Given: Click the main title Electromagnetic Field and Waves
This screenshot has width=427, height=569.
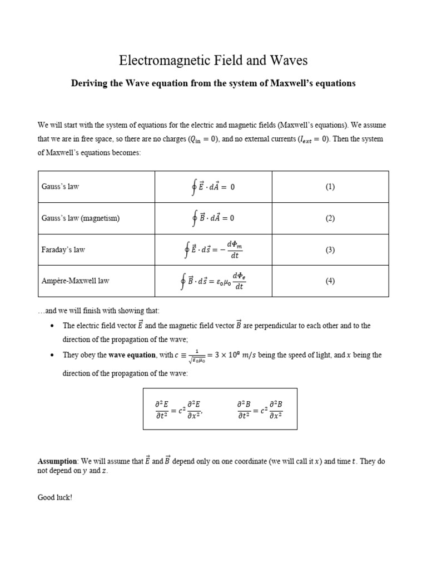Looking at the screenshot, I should pos(213,60).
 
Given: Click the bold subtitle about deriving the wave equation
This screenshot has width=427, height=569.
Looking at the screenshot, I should pos(213,83).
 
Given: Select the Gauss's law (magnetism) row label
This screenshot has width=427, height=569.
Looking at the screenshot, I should pos(81,218).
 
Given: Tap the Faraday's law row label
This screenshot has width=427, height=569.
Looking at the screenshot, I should pos(63,250).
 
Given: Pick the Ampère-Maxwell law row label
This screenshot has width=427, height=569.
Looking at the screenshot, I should pos(76,281).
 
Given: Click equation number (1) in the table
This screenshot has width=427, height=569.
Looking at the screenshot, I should pos(330,187).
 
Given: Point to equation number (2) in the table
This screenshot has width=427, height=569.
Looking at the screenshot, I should pos(330,218).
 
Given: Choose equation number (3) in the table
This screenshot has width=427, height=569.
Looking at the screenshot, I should pos(330,250).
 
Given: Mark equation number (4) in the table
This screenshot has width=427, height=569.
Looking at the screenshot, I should pos(330,281).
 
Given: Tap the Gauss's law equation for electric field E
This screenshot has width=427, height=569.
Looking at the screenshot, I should pos(213,187).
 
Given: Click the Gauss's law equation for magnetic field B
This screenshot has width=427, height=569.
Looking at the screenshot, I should pos(213,218).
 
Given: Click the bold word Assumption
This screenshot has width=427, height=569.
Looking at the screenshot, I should pos(57,461).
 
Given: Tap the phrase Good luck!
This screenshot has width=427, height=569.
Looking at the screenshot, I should pos(54,497).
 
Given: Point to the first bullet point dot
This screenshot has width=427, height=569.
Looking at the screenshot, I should pos(52,326).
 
